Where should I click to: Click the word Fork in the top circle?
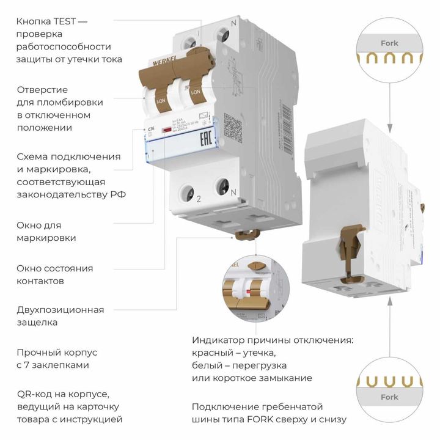[389, 43]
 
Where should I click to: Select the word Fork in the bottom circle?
[389, 397]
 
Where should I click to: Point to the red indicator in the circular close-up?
[249, 292]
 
